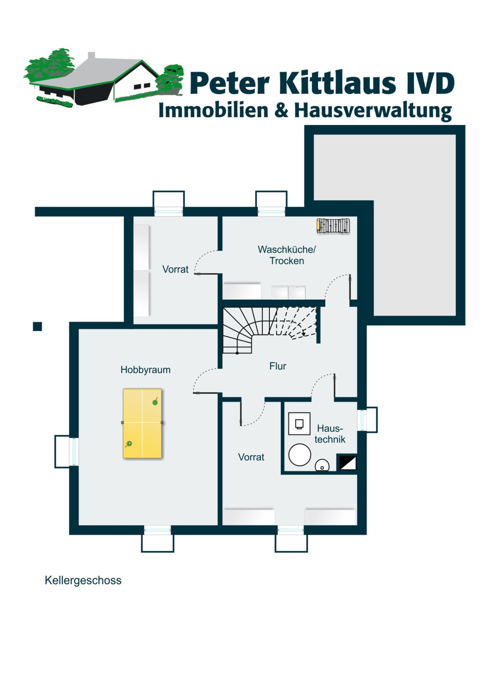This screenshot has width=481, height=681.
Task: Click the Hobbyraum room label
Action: click(145, 370)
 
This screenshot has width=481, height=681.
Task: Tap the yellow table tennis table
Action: click(142, 423)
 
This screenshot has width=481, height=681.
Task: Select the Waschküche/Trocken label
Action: click(287, 255)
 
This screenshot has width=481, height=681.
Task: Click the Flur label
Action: click(278, 366)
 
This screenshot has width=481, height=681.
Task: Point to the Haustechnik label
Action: click(330, 434)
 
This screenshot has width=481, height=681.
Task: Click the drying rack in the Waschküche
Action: click(333, 226)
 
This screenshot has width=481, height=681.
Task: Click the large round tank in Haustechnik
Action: click(299, 455)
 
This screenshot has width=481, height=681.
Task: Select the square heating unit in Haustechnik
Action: click(299, 424)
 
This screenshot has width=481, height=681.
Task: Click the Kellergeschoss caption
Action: click(83, 580)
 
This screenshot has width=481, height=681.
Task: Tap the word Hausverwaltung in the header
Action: click(373, 111)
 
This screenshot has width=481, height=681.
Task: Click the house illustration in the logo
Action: click(101, 79)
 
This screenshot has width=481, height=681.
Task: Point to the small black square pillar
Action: click(37, 326)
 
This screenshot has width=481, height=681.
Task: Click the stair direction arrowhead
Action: click(304, 334)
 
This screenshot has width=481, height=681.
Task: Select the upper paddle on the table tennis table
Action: click(155, 402)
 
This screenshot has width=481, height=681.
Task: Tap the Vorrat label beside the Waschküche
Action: click(175, 269)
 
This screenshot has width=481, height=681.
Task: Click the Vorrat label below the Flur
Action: click(251, 457)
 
